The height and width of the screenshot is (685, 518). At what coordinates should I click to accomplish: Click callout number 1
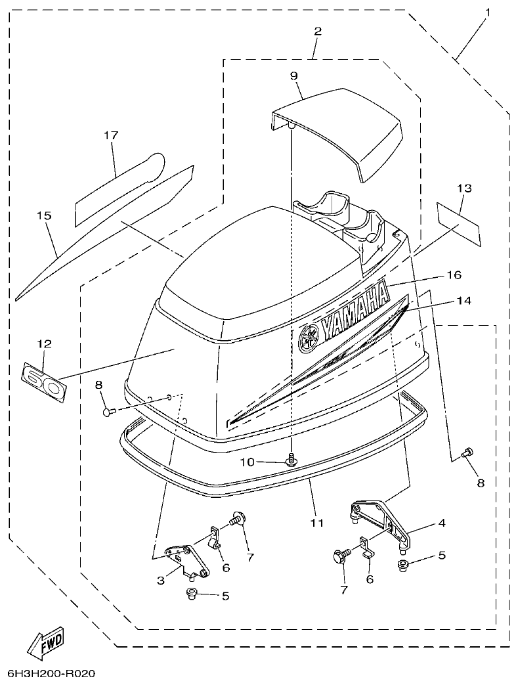(488, 12)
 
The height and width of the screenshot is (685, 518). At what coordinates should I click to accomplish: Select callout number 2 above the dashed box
(317, 31)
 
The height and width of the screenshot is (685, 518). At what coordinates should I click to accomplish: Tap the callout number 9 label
(294, 76)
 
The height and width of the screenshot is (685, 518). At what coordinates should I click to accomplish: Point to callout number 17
(111, 135)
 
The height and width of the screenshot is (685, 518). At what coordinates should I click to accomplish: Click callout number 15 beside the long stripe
(48, 215)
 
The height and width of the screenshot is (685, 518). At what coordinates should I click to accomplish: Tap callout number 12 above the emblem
(44, 343)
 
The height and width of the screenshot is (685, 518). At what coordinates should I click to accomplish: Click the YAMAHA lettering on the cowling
(355, 309)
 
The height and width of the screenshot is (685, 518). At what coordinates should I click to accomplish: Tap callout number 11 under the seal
(317, 523)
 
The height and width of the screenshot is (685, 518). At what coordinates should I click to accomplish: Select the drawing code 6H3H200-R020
(52, 674)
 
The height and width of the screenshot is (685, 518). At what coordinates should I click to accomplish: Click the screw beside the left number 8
(109, 411)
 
